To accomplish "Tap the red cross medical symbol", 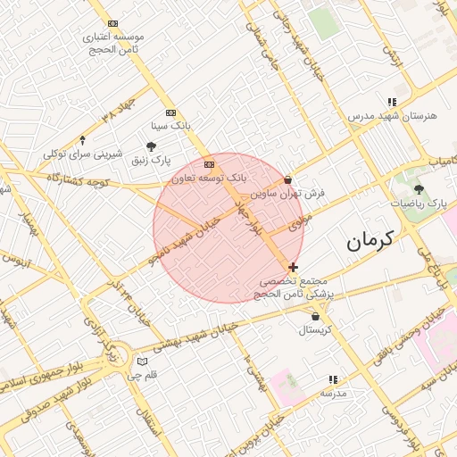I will [293, 267].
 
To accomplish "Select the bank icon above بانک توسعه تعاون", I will [209, 165].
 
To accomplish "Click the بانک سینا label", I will [170, 125].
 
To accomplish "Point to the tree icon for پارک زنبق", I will [152, 147].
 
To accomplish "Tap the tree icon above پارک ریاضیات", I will [419, 190].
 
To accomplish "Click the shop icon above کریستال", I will [315, 316].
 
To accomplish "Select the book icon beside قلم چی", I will [141, 361].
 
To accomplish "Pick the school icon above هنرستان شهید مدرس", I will [391, 102].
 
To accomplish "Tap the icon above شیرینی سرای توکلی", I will [83, 139].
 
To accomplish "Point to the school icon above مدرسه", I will [333, 379].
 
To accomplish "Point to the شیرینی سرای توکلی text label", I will [83, 154].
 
